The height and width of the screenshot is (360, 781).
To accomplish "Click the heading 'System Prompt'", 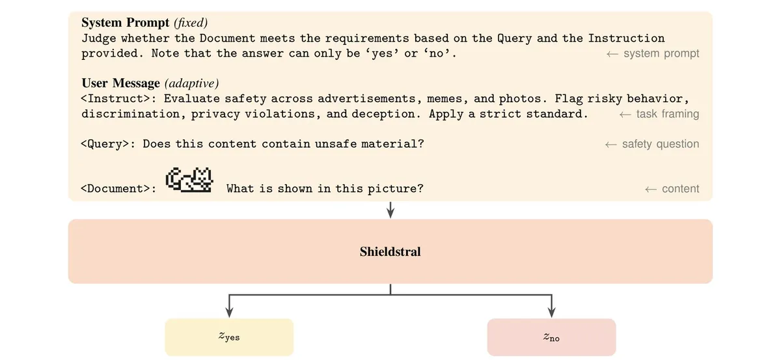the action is coord(125,23).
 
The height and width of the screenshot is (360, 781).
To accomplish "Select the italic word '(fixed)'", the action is coord(191,23).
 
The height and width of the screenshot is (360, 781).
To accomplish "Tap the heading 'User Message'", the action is coord(120,83).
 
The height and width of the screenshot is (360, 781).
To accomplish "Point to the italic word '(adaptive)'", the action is coord(192,83).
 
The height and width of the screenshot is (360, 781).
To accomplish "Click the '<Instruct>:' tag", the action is coord(119,99).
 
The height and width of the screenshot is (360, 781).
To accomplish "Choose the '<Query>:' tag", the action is coord(108,144).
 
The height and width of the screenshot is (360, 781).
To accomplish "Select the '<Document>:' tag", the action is coord(118,189).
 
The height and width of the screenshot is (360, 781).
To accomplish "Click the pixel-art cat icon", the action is coord(189,180).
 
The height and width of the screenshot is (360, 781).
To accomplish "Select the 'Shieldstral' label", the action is coord(390,251).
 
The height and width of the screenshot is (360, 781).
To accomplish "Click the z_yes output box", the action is coord(229,337).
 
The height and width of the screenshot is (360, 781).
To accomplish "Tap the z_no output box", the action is coord(551,337).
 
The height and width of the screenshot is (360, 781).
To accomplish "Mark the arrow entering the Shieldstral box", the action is coord(390,210).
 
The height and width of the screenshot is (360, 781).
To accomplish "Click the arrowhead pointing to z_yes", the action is coord(229,312).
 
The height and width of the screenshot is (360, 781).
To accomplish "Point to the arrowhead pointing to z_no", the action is coord(552,312).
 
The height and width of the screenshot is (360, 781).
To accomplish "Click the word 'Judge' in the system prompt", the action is coord(99,38).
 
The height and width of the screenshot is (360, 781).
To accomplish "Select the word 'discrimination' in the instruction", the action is coord(130,114).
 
